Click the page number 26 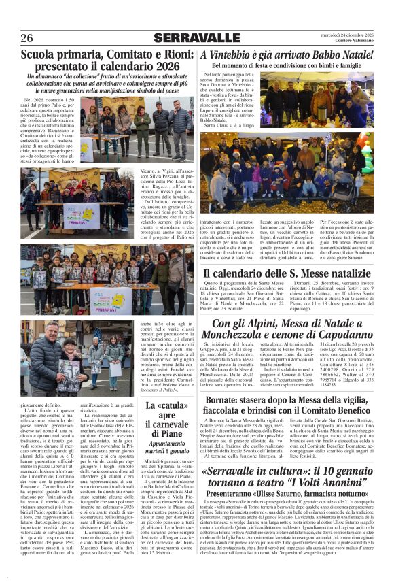(26, 37)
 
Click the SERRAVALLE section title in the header (196, 37)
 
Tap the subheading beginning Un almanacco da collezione (100, 84)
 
